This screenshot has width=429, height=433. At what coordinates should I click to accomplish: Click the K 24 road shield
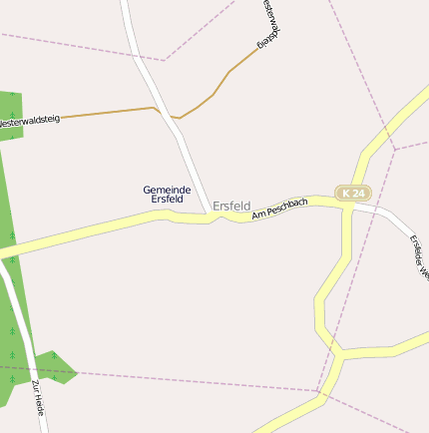click(350, 193)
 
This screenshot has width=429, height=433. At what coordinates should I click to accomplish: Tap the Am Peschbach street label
click(280, 208)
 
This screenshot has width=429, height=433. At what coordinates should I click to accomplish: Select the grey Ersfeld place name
click(231, 205)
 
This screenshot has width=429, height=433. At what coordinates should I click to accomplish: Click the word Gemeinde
click(167, 189)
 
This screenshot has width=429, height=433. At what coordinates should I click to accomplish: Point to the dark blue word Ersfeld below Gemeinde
click(167, 199)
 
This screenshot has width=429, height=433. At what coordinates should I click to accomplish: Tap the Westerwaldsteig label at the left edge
click(29, 121)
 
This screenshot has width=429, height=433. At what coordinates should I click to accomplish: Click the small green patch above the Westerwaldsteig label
click(9, 108)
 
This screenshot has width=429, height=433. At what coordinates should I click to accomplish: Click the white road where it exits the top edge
click(125, 4)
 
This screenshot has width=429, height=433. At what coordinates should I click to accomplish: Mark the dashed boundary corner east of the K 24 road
click(395, 150)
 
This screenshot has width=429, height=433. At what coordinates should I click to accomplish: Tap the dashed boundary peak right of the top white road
click(166, 60)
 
